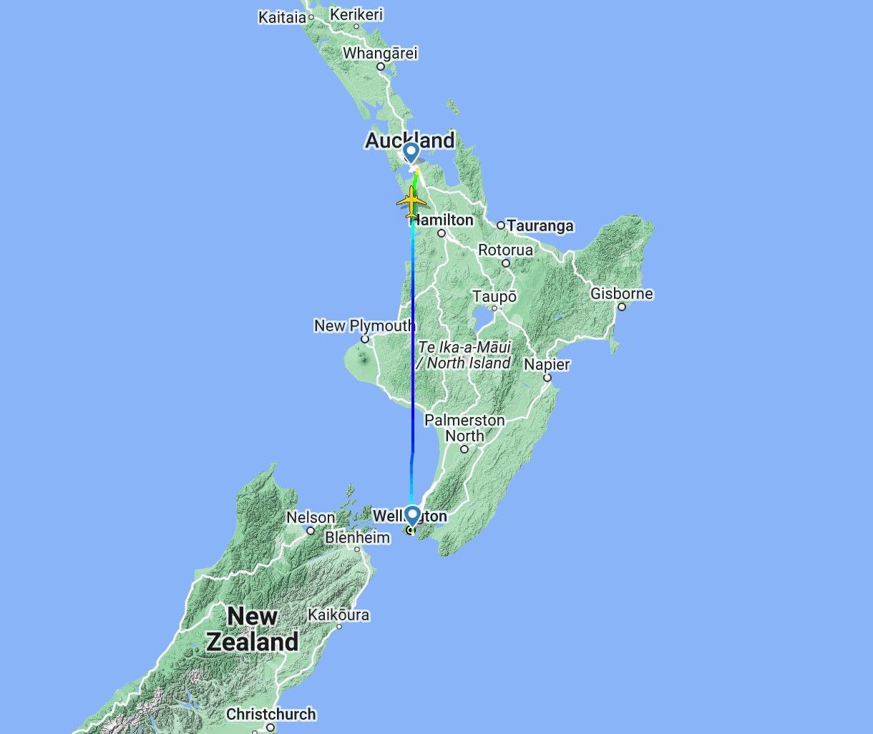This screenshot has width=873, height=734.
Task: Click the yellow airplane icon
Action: tap(411, 202)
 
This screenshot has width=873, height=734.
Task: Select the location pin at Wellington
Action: tap(412, 516)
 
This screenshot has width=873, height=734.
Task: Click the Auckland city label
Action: tap(409, 140)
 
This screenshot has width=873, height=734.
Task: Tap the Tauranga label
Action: tap(540, 226)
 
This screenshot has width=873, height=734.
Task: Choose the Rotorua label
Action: tap(505, 250)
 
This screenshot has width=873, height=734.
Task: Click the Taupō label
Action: tap(494, 296)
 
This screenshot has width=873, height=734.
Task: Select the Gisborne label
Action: tap(621, 293)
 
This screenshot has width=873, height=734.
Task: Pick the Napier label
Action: tap(547, 364)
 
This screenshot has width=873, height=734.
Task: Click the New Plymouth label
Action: tap(364, 326)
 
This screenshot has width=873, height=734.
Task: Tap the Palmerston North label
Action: tap(464, 428)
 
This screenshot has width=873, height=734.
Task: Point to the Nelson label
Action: tap(311, 517)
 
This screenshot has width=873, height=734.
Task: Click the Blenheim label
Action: tap(357, 537)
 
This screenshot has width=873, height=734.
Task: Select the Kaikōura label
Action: tap(338, 615)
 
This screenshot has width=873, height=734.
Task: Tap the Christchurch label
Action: tap(270, 714)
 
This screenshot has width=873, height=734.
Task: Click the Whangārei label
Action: tap(379, 53)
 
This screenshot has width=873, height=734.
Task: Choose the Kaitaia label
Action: tap(282, 17)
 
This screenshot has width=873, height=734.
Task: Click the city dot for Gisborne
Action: tap(622, 307)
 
